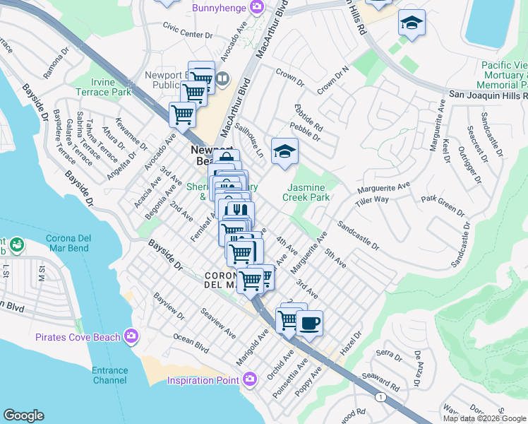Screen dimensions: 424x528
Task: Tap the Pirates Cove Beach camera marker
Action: (x=131, y=337)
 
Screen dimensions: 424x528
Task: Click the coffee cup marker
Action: (x=308, y=324)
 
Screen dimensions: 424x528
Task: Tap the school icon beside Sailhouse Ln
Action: (x=284, y=152)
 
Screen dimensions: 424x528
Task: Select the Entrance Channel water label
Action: (x=109, y=375)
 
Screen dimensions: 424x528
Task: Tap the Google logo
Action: (x=23, y=416)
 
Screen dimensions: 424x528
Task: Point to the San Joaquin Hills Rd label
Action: (x=488, y=94)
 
